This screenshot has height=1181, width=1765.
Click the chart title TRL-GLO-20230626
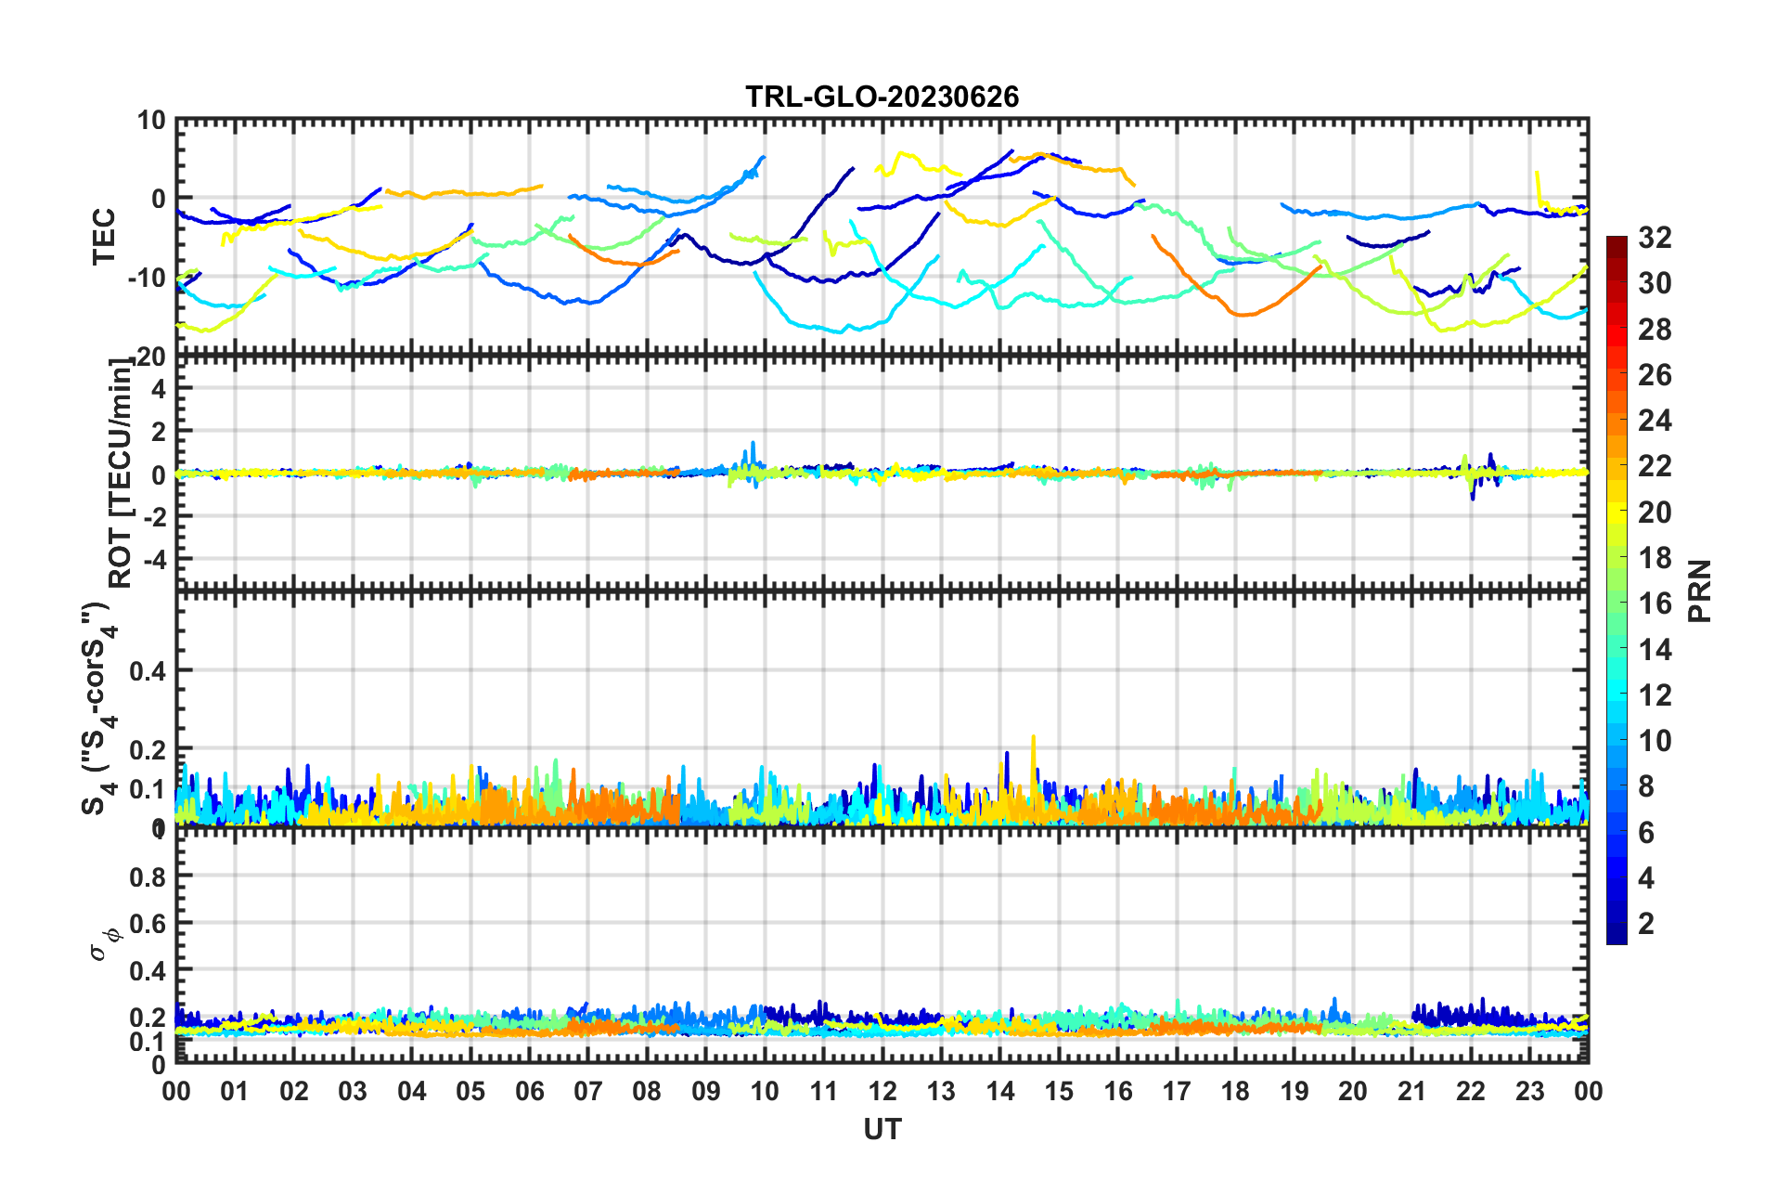pos(882,97)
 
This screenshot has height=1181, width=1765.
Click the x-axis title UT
pos(882,1129)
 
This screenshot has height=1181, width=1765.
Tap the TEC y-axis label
pos(104,236)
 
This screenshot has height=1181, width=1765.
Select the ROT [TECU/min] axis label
pos(121,474)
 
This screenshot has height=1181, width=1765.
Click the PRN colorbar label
pos(1700,590)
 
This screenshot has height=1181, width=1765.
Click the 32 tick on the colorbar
pos(1655,239)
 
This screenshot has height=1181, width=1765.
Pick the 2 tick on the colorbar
pos(1646,923)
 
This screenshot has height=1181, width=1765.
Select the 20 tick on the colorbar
pos(1655,513)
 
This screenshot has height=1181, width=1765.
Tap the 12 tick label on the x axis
pos(882,1091)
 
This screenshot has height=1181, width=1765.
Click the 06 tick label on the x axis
pos(529,1091)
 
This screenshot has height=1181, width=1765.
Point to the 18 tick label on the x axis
pos(1235,1091)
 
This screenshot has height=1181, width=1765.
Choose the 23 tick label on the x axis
pos(1529,1091)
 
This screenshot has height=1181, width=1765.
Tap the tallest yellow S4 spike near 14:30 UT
pos(1033,738)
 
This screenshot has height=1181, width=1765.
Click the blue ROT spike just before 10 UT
pos(753,444)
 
